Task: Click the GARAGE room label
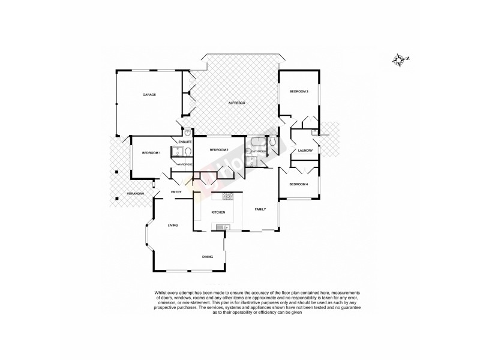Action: pyautogui.click(x=149, y=95)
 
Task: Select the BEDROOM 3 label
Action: pyautogui.click(x=299, y=91)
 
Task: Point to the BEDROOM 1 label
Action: pyautogui.click(x=151, y=154)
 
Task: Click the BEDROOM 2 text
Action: pyautogui.click(x=219, y=149)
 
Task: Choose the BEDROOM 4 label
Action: pyautogui.click(x=298, y=184)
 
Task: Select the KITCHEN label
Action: pyautogui.click(x=218, y=213)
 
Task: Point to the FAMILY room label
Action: pyautogui.click(x=260, y=209)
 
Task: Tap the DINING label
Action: pyautogui.click(x=207, y=257)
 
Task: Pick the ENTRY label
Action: pyautogui.click(x=176, y=191)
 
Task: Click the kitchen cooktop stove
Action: pyautogui.click(x=229, y=196)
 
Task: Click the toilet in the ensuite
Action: pyautogui.click(x=188, y=133)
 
